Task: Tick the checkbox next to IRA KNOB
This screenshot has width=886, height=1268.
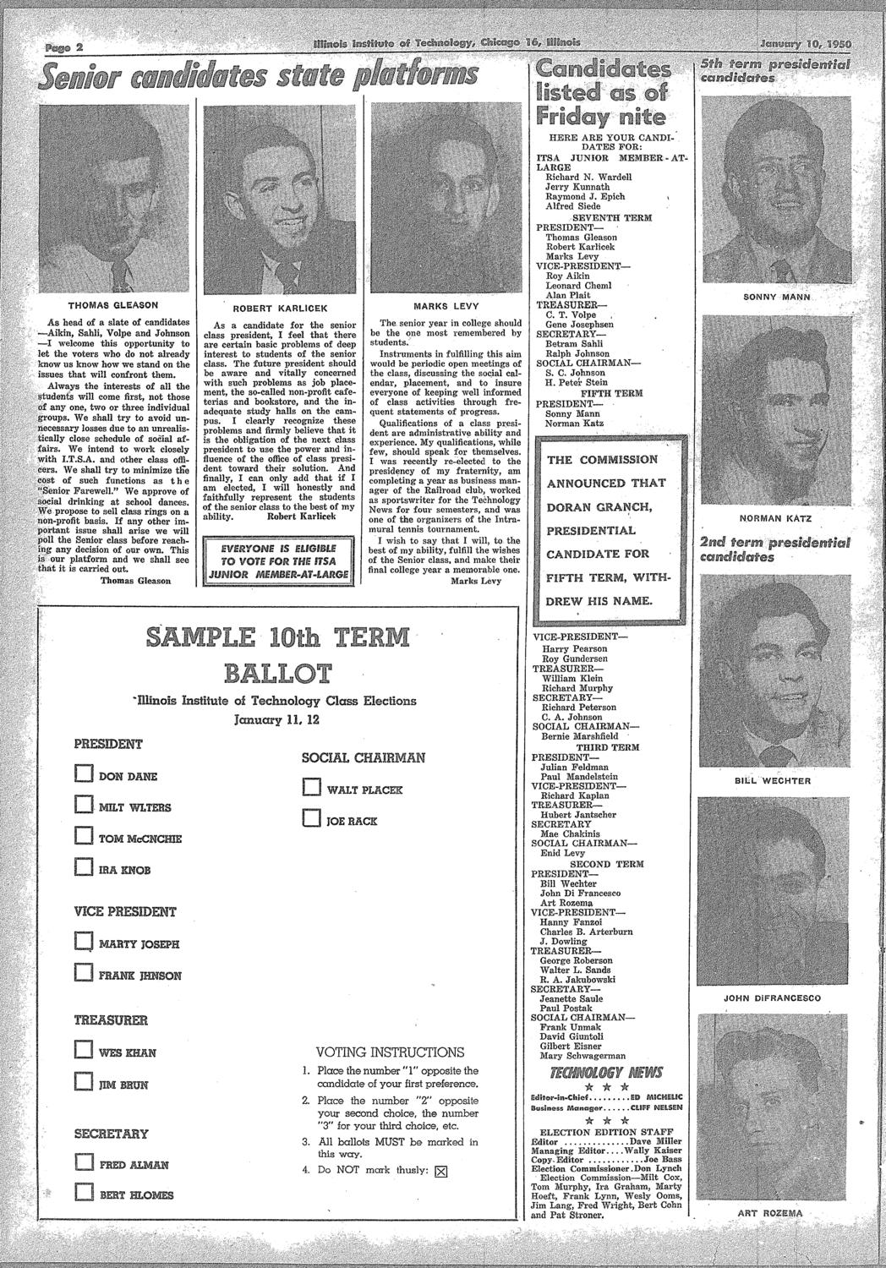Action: pos(82,868)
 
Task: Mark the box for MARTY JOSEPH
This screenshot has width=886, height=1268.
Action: pos(82,943)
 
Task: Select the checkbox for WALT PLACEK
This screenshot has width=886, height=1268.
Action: pos(310,790)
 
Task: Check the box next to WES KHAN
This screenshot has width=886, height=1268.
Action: pos(82,1052)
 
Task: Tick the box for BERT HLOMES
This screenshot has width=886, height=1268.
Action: pos(82,1193)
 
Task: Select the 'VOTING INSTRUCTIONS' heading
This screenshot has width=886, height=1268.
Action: pos(389,1052)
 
